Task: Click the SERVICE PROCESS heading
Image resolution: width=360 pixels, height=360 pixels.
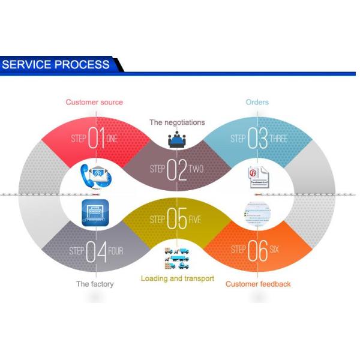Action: coord(56,64)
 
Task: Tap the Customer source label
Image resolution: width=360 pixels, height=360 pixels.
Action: coord(94,102)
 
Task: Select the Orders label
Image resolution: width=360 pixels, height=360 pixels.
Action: coord(257,102)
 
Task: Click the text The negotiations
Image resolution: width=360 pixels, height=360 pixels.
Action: coord(177,122)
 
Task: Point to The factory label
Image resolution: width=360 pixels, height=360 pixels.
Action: coord(94,284)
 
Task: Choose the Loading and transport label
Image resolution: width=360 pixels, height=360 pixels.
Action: coord(178,278)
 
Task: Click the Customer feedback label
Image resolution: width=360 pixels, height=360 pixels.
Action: coord(258,284)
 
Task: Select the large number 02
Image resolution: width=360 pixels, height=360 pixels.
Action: coord(177,170)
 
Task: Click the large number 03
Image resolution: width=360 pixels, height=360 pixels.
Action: coord(257,139)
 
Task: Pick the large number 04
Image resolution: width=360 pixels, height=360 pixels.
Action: coord(97,251)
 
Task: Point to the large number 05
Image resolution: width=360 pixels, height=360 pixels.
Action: coord(177,220)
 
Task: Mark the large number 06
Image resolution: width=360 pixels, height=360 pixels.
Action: coord(257,251)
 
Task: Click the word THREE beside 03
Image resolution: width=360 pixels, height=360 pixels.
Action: coord(278,139)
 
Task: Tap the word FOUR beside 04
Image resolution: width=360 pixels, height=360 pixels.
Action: coord(116,251)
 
